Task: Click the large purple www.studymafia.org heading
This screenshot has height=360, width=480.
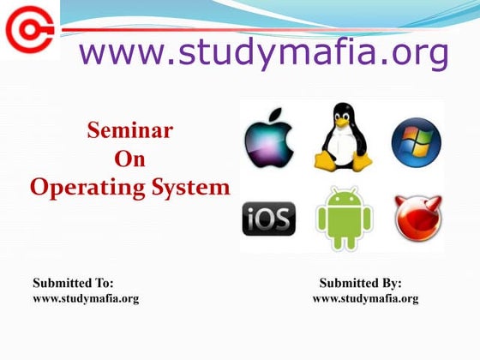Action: coord(263,53)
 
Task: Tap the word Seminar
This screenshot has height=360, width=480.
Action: coord(130,131)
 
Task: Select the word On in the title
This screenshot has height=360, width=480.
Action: coord(129,159)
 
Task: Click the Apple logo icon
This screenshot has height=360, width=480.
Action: coord(268,141)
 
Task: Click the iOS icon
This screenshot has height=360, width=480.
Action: coord(268,219)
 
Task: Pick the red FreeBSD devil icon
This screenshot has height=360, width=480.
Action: coord(417,218)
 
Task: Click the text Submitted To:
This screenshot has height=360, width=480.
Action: coord(73,283)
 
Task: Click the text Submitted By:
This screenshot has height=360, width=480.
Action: coord(360,283)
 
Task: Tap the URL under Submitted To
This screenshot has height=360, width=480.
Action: coord(85,298)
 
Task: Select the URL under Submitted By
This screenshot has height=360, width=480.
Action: coord(365,298)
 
